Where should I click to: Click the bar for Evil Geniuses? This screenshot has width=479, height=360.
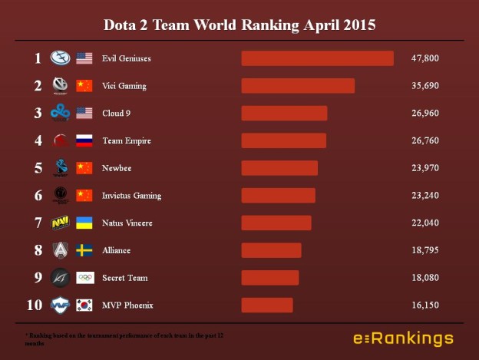click(317, 58)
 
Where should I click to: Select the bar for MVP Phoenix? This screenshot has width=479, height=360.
click(267, 306)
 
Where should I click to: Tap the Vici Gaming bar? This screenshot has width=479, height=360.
click(298, 86)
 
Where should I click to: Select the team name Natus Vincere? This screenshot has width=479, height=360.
click(127, 223)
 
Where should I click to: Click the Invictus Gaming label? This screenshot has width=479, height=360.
click(131, 196)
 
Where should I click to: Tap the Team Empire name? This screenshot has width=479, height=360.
click(126, 141)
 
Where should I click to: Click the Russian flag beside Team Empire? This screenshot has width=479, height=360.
click(84, 140)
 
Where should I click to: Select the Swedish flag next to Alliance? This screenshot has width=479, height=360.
click(84, 250)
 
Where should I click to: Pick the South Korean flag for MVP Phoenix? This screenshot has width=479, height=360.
click(84, 305)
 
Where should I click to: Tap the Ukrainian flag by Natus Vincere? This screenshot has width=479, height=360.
click(84, 223)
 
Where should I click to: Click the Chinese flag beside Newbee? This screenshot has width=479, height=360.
click(84, 168)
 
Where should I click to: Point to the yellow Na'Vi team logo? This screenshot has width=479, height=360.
click(60, 223)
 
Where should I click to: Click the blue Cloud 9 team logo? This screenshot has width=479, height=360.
click(60, 113)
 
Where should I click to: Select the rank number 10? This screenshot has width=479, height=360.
click(35, 306)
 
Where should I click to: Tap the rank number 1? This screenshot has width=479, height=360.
click(38, 58)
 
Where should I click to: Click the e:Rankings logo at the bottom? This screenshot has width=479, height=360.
click(403, 338)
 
